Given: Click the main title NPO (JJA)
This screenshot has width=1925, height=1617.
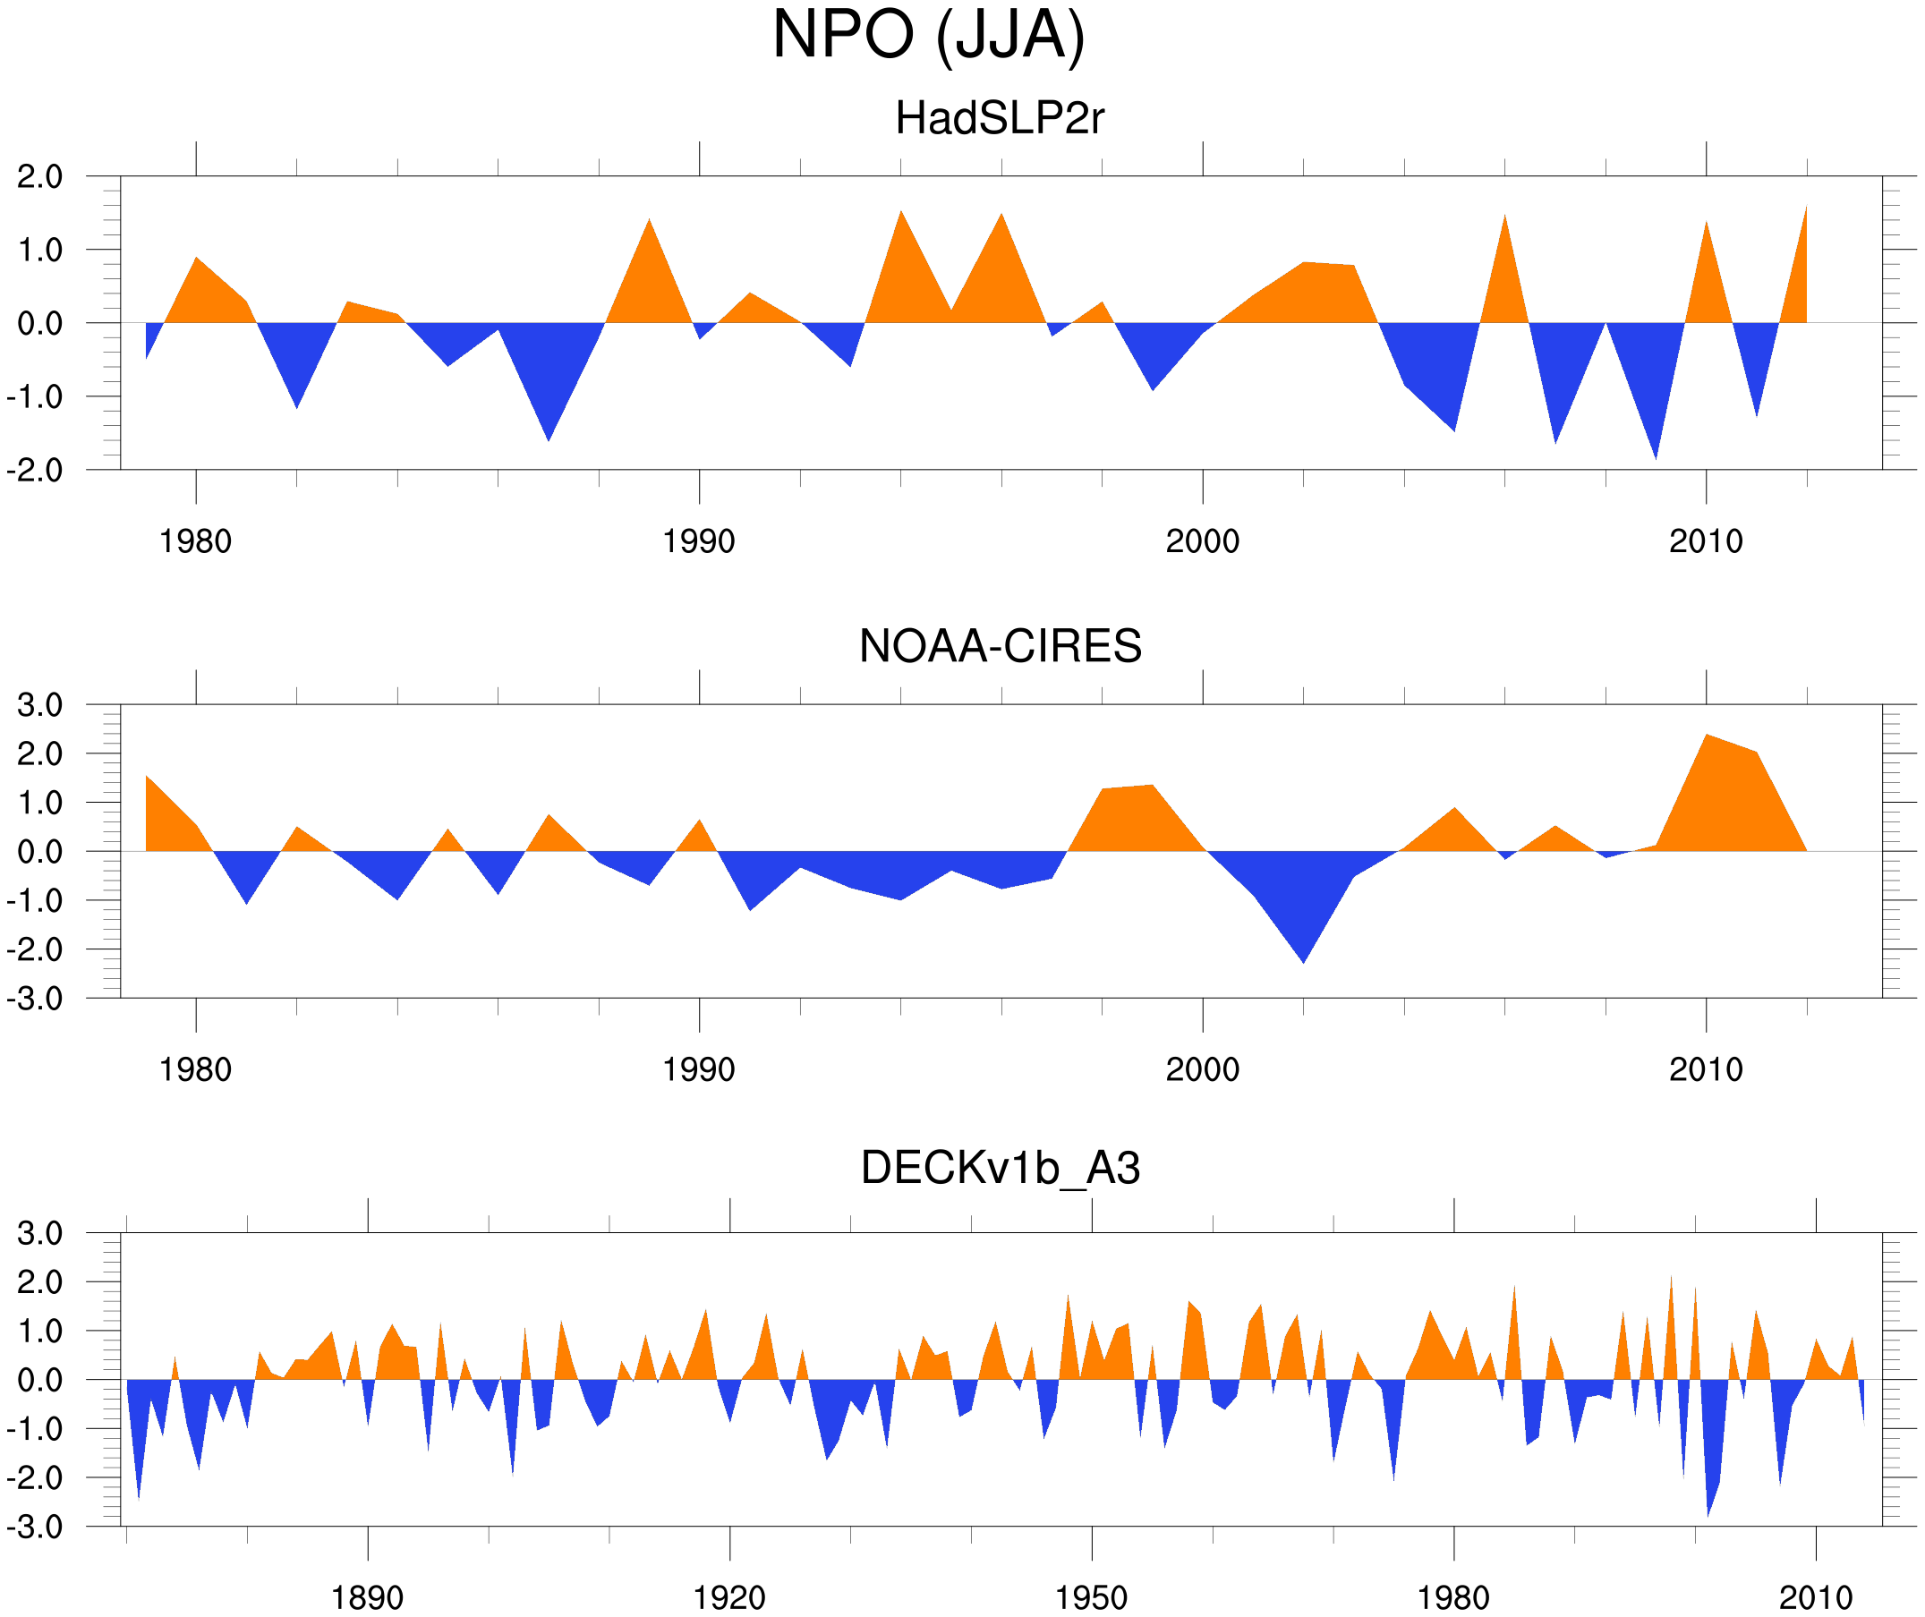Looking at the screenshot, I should (928, 35).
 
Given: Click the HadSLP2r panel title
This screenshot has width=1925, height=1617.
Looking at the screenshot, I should (999, 118).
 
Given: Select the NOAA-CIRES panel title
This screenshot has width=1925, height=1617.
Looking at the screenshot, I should (1000, 646).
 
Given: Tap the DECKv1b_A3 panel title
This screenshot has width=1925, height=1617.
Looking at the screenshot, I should (1000, 1168).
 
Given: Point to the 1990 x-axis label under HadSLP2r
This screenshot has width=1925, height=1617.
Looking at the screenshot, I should (699, 541).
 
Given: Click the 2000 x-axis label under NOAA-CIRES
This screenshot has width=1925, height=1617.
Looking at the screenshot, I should (1202, 1069).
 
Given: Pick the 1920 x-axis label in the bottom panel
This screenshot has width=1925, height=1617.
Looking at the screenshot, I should (728, 1597).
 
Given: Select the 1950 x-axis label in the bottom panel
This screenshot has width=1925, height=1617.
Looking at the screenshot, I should (1091, 1597).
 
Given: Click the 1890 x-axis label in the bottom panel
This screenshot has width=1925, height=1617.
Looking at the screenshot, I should (367, 1597).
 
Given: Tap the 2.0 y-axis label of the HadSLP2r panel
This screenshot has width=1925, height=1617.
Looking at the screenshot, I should (40, 176).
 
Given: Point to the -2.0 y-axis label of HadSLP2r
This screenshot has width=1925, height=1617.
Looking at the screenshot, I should (35, 471).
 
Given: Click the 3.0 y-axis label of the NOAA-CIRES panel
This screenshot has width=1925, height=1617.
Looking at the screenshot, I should (40, 705).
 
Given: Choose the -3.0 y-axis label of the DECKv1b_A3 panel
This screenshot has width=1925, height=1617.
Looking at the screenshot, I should (35, 1528).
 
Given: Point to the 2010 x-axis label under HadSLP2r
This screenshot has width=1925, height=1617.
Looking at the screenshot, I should (1705, 541).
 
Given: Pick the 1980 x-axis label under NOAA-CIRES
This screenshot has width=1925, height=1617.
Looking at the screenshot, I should (195, 1069).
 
